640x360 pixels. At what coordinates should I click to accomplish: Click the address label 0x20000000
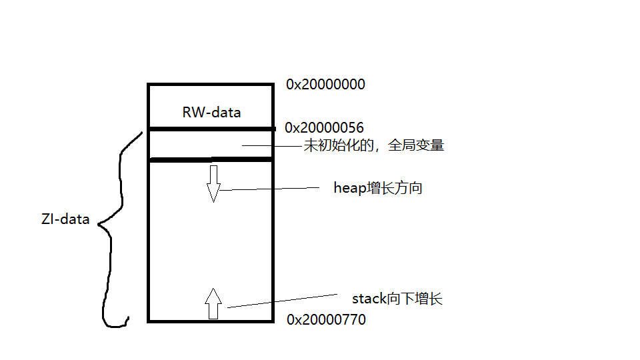pos(325,85)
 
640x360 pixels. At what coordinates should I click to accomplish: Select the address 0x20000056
pos(324,127)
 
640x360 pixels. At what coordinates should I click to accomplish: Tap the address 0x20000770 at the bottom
pos(326,320)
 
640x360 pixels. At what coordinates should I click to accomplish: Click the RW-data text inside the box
pos(211,112)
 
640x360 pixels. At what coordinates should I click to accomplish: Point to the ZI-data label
pos(65,219)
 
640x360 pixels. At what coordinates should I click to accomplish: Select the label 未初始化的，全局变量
pos(373,146)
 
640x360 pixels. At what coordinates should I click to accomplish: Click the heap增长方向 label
pos(377,188)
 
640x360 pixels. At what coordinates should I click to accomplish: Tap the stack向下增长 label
pos(397,299)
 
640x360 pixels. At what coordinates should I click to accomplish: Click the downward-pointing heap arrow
pos(213,183)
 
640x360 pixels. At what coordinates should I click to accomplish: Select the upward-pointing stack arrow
pos(213,303)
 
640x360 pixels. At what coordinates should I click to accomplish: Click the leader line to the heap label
pos(273,189)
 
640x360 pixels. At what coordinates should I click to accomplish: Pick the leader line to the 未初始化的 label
pos(273,145)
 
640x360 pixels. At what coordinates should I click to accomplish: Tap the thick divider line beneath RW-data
pos(210,128)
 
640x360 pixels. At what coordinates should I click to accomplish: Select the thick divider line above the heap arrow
pos(210,159)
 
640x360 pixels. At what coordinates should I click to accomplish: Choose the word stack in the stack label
pos(369,299)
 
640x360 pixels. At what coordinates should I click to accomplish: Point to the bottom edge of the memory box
pos(210,321)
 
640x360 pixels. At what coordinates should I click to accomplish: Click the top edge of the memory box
pos(210,85)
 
